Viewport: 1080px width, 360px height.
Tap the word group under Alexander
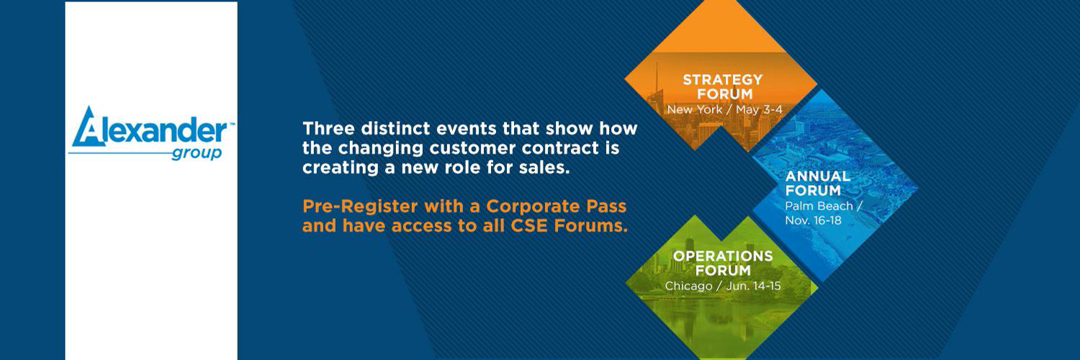coord(197,154)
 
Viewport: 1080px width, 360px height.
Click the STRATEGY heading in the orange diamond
coord(722,79)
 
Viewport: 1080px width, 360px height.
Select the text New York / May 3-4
coord(724,109)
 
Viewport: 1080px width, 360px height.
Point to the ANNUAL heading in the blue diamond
coord(818,176)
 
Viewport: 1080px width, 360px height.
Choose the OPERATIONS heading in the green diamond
coord(723,256)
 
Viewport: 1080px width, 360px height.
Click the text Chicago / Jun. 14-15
coord(723,286)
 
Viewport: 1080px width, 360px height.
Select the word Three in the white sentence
coord(328,129)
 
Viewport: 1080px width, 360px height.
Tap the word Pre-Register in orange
coord(360,206)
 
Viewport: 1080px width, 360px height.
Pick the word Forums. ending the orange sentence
coord(590,225)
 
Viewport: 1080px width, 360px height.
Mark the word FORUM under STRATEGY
coord(724,94)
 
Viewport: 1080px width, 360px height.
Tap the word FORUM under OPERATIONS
coord(723,271)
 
